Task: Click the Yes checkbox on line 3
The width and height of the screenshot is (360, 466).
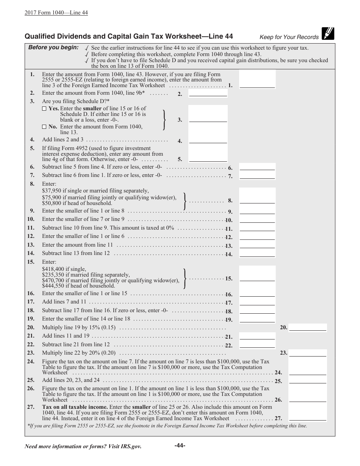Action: pos(44,109)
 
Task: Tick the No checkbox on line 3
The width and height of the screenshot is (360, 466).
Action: pos(44,127)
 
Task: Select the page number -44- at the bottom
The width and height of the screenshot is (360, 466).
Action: pos(180,446)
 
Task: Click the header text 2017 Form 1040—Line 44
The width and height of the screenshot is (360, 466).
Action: pos(56,13)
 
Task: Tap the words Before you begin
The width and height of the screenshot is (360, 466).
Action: pos(53,47)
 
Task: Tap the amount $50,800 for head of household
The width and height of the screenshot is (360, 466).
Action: pos(52,203)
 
